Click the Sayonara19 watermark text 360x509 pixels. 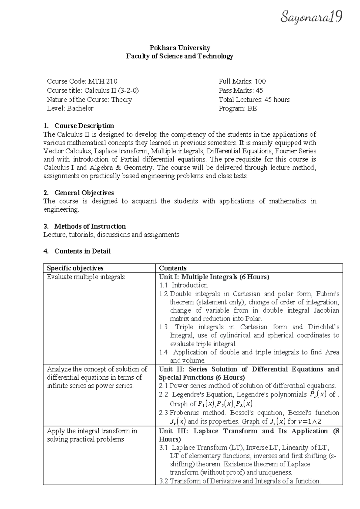311,17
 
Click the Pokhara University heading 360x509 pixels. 180,48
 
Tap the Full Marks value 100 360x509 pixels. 260,81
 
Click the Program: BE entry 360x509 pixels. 238,108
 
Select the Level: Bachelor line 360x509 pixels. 70,108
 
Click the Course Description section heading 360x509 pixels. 84,125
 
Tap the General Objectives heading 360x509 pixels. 84,193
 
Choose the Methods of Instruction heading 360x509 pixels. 90,226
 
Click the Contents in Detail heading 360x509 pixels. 82,251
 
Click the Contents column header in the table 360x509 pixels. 172,268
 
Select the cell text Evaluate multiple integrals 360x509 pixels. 86,277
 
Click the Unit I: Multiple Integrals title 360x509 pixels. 214,277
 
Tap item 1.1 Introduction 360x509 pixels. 184,285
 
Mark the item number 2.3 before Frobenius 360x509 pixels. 163,413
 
